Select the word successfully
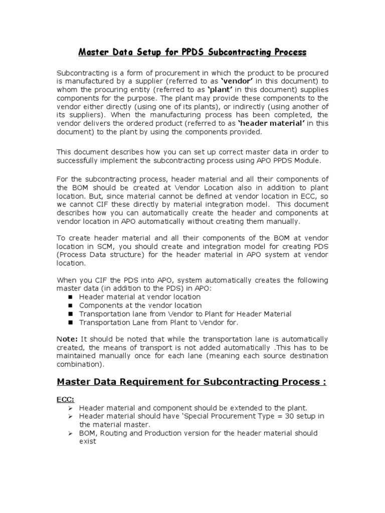point(83,160)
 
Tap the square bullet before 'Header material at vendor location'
point(71,297)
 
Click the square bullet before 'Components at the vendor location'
point(71,306)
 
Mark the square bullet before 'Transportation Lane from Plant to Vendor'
point(71,323)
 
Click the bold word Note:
point(67,339)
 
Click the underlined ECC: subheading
point(66,399)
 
